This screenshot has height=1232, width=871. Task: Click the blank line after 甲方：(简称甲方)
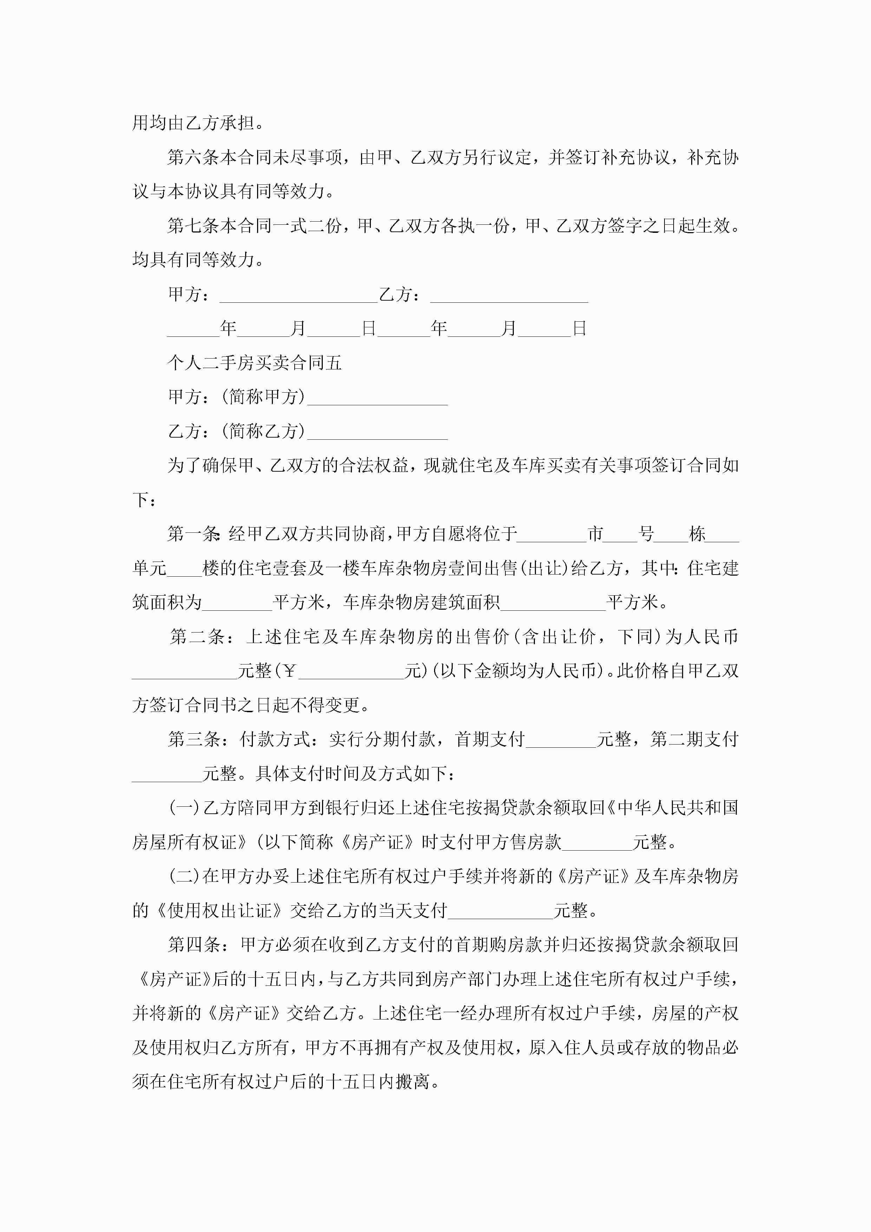point(377,398)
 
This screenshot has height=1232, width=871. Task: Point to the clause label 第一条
point(193,534)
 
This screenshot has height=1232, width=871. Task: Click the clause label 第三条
point(193,739)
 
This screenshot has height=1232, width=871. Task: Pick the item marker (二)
point(184,876)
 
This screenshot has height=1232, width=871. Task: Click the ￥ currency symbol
point(289,671)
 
